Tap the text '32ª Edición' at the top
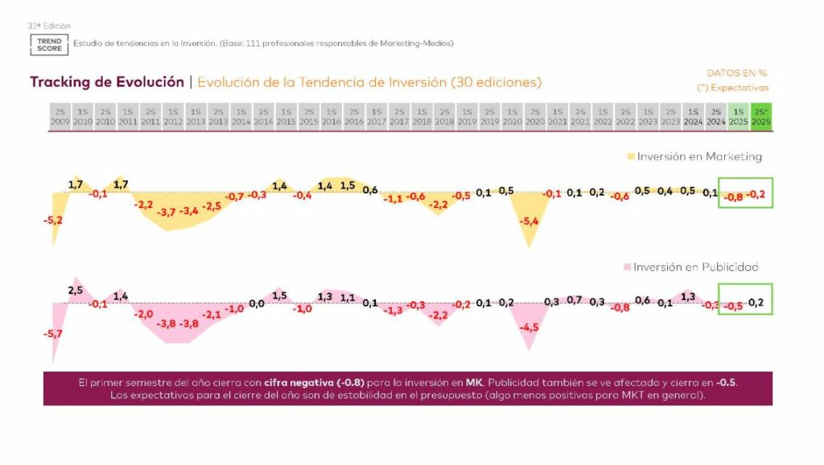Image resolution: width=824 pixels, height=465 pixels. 49,26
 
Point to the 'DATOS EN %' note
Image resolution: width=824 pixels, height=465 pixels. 736,73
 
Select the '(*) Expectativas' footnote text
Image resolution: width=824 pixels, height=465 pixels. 732,87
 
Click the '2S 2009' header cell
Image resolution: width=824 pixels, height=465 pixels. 60,116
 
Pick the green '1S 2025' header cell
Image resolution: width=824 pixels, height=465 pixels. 738,116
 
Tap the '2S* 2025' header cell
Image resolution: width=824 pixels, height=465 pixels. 760,116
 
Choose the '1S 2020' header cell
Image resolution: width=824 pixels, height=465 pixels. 511,116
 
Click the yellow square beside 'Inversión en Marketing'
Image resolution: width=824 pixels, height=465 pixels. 631,156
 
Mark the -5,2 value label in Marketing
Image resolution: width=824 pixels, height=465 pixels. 54,219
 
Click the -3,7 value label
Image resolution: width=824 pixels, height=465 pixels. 167,211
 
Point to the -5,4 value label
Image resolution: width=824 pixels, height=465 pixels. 529,221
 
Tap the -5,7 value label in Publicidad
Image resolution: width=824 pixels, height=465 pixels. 54,333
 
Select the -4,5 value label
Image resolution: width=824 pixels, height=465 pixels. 529,327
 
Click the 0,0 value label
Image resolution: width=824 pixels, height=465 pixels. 257,304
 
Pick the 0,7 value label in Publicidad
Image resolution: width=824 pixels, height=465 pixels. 575,300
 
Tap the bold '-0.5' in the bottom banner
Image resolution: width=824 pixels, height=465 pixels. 726,383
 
